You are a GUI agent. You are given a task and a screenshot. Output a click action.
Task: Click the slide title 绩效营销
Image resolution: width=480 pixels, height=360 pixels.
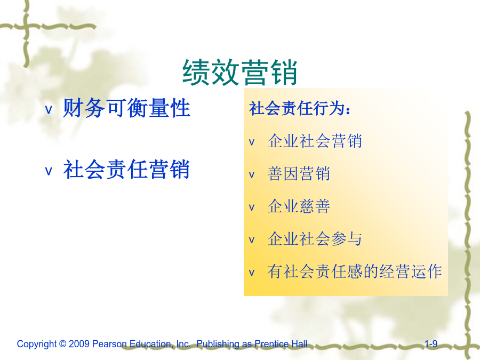pyautogui.click(x=239, y=73)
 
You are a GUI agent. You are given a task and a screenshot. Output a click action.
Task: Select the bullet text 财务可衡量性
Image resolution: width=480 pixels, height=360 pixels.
pyautogui.click(x=127, y=108)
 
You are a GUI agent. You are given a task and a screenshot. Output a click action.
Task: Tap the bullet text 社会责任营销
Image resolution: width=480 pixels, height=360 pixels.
pyautogui.click(x=126, y=169)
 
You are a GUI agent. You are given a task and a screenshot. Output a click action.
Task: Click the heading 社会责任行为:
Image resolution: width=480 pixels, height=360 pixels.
pyautogui.click(x=300, y=108)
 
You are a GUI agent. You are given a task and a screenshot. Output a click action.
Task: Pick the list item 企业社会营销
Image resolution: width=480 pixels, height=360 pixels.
pyautogui.click(x=315, y=141)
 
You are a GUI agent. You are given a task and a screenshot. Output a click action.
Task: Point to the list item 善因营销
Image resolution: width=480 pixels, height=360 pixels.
pyautogui.click(x=299, y=173)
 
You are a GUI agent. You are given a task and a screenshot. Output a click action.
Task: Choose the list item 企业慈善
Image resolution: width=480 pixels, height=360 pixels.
pyautogui.click(x=299, y=206)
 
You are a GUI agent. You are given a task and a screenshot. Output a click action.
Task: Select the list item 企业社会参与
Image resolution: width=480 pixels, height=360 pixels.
pyautogui.click(x=315, y=239)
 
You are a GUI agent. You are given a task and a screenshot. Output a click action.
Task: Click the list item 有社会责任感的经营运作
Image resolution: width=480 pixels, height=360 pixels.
pyautogui.click(x=355, y=271)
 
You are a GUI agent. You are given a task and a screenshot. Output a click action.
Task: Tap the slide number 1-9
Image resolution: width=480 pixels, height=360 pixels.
pyautogui.click(x=431, y=344)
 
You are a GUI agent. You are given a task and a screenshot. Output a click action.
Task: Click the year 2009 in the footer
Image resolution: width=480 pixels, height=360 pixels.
pyautogui.click(x=79, y=344)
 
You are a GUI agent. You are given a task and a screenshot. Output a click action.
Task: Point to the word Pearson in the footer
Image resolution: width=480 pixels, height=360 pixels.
pyautogui.click(x=109, y=344)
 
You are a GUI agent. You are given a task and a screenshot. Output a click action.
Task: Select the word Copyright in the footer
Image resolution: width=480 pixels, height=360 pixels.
pyautogui.click(x=37, y=345)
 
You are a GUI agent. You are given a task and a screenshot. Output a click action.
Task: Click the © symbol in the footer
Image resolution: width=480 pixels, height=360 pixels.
pyautogui.click(x=63, y=344)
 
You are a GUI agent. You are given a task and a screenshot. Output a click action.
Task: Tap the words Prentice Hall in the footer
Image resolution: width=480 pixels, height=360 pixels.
pyautogui.click(x=281, y=344)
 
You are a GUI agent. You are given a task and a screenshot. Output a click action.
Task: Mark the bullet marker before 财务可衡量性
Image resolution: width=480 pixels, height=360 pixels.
pyautogui.click(x=49, y=109)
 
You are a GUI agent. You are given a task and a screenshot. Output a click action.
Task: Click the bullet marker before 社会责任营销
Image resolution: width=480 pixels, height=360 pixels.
pyautogui.click(x=49, y=171)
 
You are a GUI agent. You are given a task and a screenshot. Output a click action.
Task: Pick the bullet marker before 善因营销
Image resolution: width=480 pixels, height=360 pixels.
pyautogui.click(x=252, y=175)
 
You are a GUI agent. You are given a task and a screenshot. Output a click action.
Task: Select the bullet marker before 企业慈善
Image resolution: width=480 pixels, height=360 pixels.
pyautogui.click(x=252, y=207)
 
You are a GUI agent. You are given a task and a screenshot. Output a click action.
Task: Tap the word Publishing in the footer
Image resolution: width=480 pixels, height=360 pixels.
pyautogui.click(x=218, y=345)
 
